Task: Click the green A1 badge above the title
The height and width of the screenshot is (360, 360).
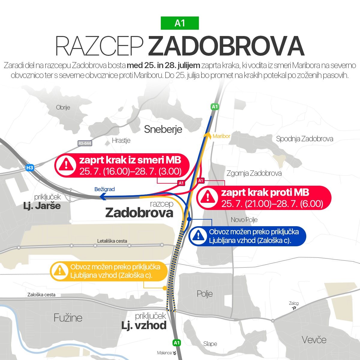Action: pos(180,23)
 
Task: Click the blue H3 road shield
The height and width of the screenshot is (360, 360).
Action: pos(29,168)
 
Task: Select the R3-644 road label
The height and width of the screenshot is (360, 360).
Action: pos(85,143)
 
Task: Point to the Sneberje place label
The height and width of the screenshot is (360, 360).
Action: pos(163,129)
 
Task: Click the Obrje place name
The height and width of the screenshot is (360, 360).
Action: pos(63,107)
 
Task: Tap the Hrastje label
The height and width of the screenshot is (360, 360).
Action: pos(121,140)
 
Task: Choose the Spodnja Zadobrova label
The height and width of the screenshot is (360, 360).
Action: pos(304,139)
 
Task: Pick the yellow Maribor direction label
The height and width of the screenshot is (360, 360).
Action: pos(221,136)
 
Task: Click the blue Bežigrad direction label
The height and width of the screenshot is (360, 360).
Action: pos(104,189)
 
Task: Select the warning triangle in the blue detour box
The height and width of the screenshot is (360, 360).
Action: pos(198,236)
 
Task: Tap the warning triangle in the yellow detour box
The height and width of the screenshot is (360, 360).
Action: pos(60,271)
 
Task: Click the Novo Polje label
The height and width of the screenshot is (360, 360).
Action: pos(244,220)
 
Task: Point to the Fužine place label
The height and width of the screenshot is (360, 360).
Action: pos(68,318)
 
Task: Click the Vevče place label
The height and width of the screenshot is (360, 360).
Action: pos(314,340)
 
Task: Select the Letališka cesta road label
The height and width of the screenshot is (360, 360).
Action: pos(112,241)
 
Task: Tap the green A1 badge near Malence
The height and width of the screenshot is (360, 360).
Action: pos(177,343)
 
